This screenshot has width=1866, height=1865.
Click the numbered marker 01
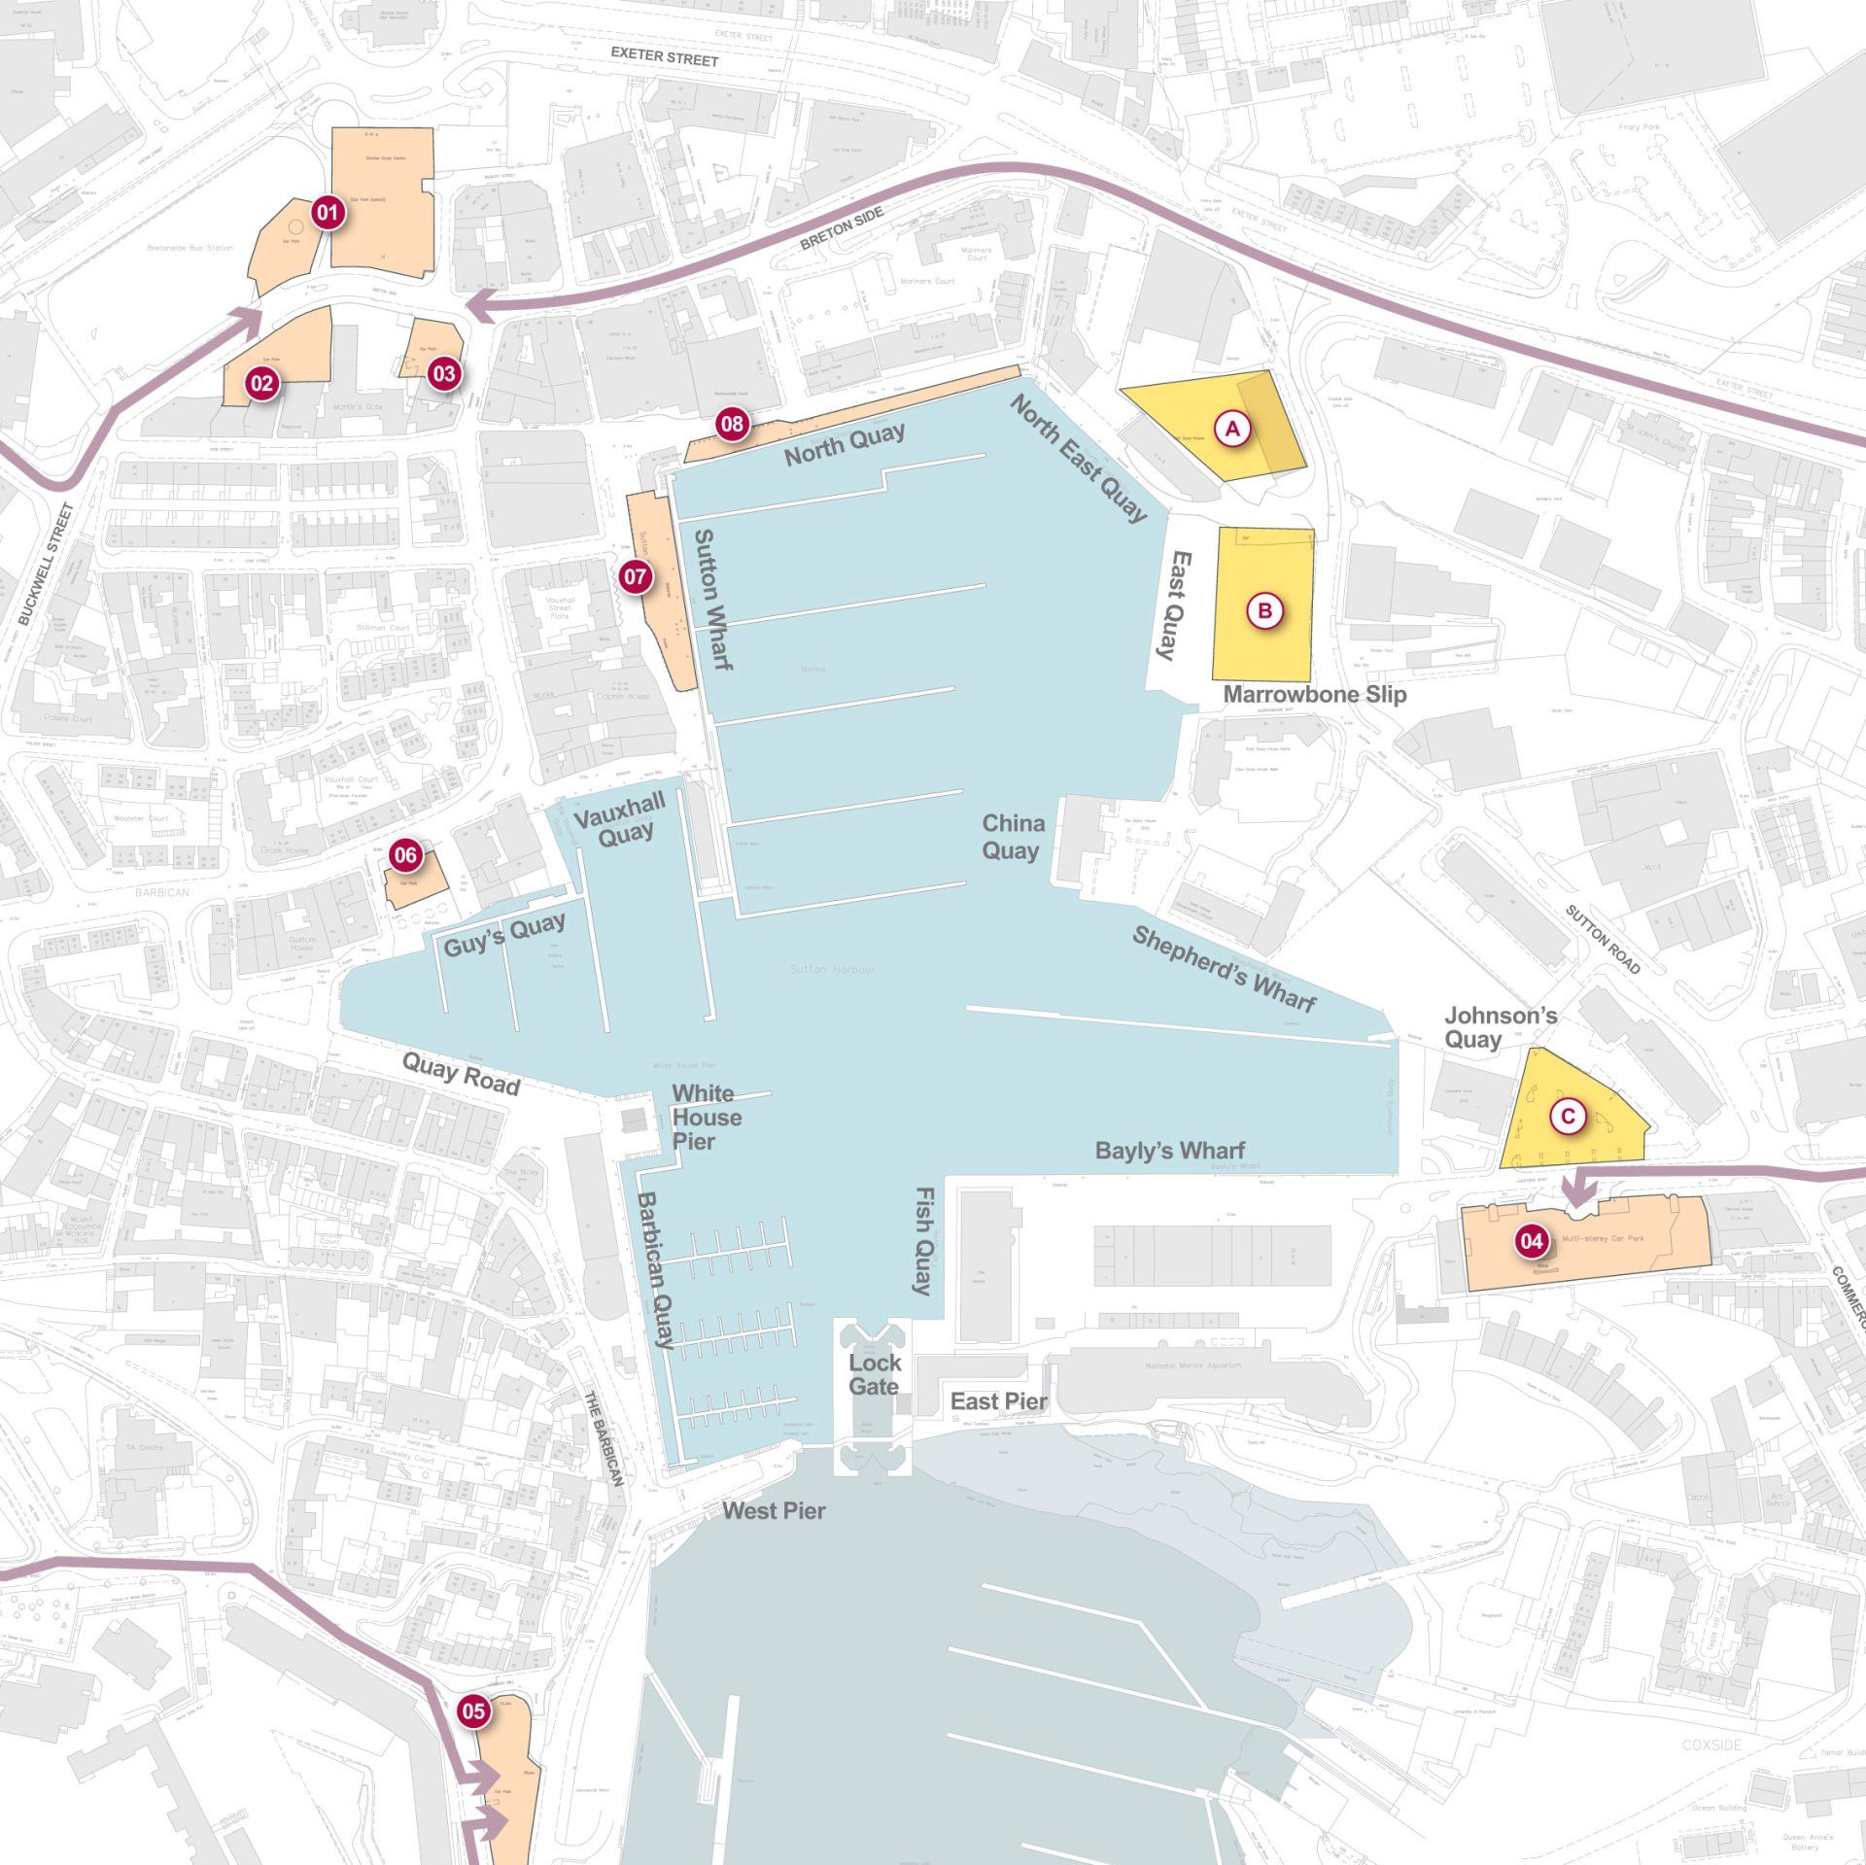pyautogui.click(x=328, y=213)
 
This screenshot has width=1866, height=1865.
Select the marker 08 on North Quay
pyautogui.click(x=732, y=424)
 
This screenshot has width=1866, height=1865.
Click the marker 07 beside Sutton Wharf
pyautogui.click(x=636, y=577)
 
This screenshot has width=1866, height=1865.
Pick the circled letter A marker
pyautogui.click(x=1232, y=428)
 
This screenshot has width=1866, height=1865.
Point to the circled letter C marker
pyautogui.click(x=1567, y=1117)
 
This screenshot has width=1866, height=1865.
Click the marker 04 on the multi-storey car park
pyautogui.click(x=1532, y=1241)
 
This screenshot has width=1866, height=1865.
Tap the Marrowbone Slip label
pyautogui.click(x=1314, y=695)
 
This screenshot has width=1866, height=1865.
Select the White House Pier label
pyautogui.click(x=707, y=1118)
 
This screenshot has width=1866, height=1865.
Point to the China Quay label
pyautogui.click(x=1013, y=837)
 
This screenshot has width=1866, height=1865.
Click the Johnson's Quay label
pyautogui.click(x=1500, y=1027)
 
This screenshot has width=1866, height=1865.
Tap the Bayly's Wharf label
pyautogui.click(x=1169, y=1151)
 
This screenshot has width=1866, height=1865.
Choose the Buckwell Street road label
pyautogui.click(x=46, y=564)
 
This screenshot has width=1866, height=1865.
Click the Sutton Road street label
pyautogui.click(x=1603, y=939)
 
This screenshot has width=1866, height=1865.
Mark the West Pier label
pyautogui.click(x=774, y=1510)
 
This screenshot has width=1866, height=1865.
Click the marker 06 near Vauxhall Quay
pyautogui.click(x=406, y=855)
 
